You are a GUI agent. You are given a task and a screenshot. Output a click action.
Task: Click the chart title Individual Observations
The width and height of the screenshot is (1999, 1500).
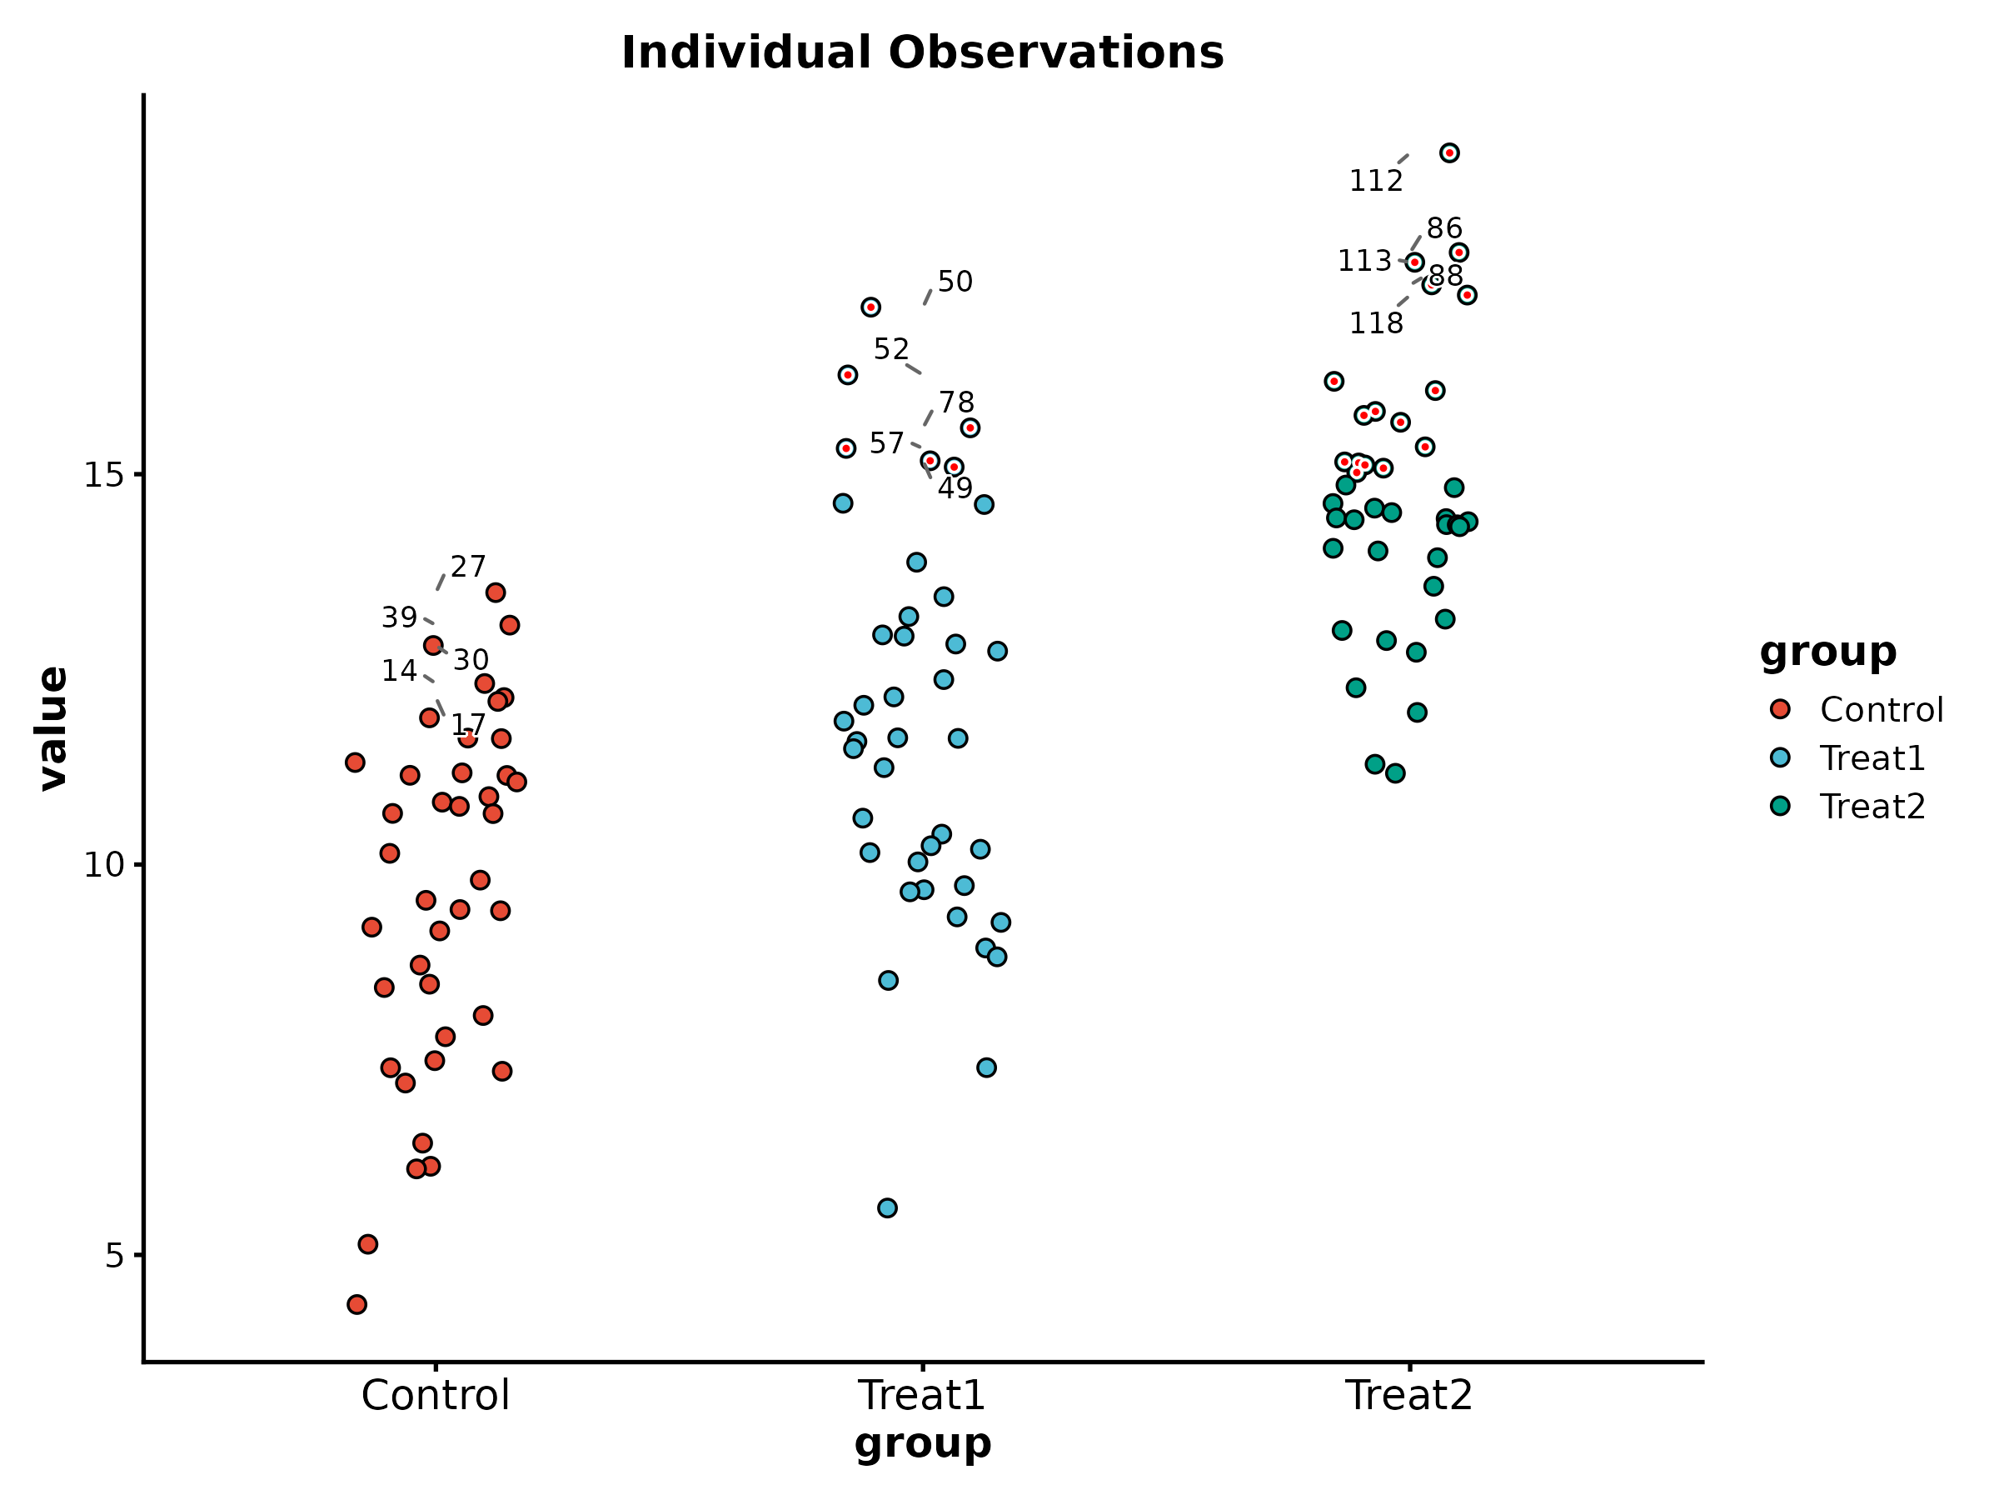(922, 52)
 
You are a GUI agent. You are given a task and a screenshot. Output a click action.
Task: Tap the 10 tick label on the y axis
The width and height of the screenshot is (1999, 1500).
(103, 865)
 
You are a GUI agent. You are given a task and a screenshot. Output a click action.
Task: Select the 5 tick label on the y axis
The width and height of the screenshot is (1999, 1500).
(113, 1256)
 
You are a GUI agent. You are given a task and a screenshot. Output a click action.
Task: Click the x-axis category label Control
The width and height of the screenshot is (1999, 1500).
(436, 1395)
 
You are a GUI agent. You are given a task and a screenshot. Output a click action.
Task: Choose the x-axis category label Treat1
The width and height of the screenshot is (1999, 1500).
(922, 1395)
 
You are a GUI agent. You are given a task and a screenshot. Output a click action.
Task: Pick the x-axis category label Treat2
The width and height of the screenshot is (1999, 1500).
(1409, 1395)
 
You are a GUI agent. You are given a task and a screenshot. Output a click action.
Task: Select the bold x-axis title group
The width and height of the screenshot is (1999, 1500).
(922, 1444)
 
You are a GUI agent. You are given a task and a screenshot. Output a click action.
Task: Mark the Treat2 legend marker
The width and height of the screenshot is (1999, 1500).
(1780, 806)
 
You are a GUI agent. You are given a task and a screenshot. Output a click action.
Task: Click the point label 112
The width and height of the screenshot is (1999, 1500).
(1375, 182)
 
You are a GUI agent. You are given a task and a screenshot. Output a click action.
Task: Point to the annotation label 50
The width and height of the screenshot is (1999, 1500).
(955, 282)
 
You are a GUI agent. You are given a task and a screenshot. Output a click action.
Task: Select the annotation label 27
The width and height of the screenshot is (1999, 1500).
(468, 567)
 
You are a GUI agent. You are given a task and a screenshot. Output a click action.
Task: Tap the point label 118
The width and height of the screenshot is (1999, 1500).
(1375, 323)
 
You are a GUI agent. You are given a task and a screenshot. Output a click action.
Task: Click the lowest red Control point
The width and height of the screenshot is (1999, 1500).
(357, 1304)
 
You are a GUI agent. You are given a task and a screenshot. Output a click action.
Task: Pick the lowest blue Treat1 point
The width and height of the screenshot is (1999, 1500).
(887, 1208)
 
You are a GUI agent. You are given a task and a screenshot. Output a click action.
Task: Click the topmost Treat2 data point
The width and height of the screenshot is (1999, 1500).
(1449, 152)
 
